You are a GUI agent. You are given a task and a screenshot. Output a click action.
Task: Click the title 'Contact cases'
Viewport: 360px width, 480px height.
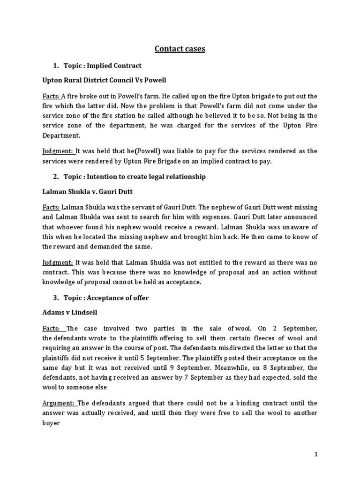(180, 48)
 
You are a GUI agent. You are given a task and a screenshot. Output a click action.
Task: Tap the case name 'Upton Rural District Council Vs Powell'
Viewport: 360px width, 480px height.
(105, 80)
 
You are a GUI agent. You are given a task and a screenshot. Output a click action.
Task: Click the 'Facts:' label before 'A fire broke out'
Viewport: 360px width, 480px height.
(51, 96)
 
